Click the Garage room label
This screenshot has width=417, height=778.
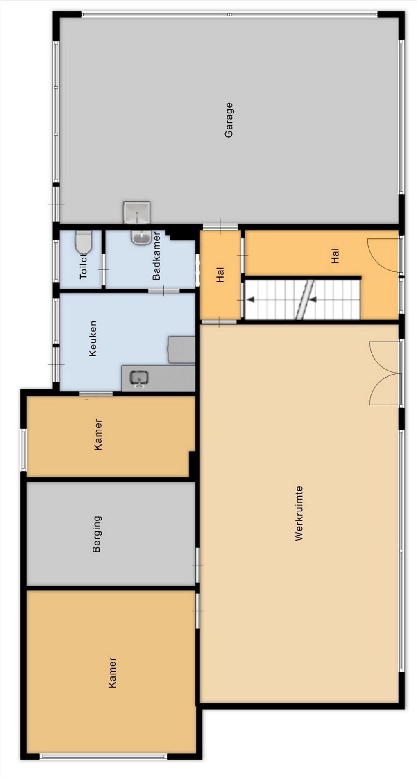tap(229, 120)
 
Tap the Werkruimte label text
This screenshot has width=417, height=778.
tap(299, 513)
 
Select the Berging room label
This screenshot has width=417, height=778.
tap(97, 534)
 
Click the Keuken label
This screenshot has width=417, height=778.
tap(93, 338)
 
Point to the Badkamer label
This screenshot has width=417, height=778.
tap(156, 256)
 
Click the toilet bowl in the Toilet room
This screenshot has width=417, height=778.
tap(83, 242)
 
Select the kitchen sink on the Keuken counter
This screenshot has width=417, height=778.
tap(139, 378)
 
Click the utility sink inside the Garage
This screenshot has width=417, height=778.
tap(136, 213)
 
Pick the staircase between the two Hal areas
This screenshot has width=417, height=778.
tap(302, 299)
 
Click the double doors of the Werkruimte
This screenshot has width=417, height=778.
tap(385, 373)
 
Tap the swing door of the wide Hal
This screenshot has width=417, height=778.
tap(383, 255)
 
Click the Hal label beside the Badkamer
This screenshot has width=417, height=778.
tap(220, 275)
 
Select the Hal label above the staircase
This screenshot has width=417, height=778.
tap(335, 256)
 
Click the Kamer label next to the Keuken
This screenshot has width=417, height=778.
tap(98, 434)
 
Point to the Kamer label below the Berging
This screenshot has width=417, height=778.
tap(112, 672)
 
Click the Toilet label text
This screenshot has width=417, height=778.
tap(83, 266)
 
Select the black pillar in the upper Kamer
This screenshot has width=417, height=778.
tap(192, 464)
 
